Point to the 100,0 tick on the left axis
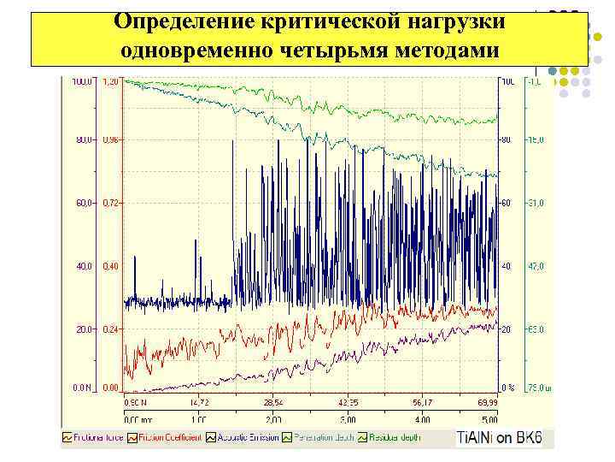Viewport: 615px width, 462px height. click(83, 82)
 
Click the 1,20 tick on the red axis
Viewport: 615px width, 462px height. click(111, 82)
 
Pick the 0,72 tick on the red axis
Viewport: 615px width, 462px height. click(111, 203)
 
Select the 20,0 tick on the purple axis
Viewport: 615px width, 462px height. click(83, 329)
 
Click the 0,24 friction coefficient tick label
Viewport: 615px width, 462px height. click(111, 329)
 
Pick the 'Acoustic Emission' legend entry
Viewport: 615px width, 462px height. click(245, 437)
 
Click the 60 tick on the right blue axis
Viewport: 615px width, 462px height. click(507, 203)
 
